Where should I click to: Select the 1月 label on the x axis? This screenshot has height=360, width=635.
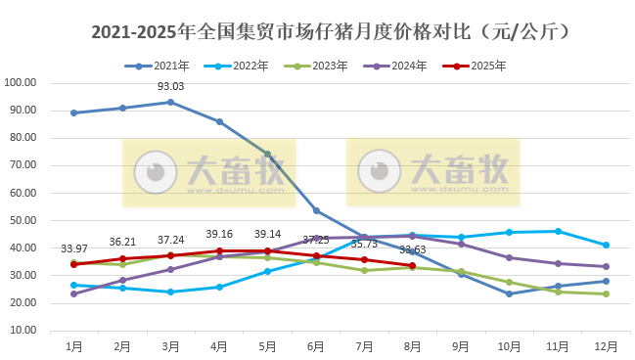[74, 345]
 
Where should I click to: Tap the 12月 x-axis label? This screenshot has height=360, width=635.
[607, 345]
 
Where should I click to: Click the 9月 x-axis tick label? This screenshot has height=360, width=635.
[461, 345]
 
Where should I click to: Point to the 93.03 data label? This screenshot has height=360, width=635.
[171, 86]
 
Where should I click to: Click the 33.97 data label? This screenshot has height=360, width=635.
[74, 248]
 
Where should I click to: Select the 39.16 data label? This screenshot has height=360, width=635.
[219, 234]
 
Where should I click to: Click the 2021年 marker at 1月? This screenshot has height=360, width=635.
[74, 112]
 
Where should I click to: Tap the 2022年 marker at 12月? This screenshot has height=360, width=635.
[607, 245]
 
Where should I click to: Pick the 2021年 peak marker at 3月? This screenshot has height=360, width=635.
[171, 102]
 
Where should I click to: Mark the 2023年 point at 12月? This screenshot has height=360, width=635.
[607, 293]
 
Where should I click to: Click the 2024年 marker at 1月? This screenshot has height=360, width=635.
[74, 293]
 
